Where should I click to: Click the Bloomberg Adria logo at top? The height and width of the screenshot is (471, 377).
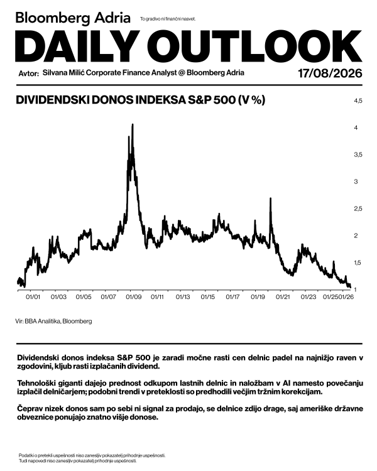[x=73, y=18]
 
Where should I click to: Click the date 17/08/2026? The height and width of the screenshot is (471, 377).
[x=330, y=73]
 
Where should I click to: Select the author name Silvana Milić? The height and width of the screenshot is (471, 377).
[x=63, y=73]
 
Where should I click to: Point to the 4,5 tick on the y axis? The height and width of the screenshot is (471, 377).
[x=358, y=101]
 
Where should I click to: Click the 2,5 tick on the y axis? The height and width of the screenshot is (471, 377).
[x=358, y=208]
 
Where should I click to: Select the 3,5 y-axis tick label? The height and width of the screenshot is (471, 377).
[x=358, y=155]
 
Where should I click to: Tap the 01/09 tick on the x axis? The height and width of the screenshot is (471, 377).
[x=133, y=297]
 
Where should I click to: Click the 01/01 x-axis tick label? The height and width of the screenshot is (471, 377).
[x=33, y=297]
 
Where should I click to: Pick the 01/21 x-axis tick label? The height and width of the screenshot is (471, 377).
[x=283, y=297]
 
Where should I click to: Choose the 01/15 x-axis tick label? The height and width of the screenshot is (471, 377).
[x=208, y=297]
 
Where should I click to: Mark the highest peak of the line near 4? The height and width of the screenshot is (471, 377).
[x=133, y=124]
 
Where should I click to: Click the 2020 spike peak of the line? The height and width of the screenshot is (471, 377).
[x=271, y=198]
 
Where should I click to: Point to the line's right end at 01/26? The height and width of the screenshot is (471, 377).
[x=350, y=287]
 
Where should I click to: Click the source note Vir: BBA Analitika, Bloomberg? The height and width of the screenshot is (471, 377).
[x=54, y=321]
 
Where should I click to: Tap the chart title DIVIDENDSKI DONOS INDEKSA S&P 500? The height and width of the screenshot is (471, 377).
[x=126, y=100]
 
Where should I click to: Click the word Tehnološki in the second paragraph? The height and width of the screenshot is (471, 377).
[x=36, y=384]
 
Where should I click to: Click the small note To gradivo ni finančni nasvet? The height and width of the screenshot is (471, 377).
[x=168, y=19]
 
